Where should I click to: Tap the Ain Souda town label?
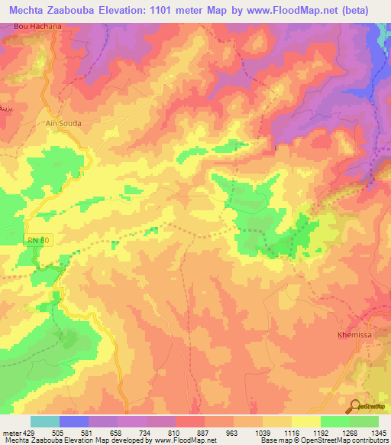tap(63, 122)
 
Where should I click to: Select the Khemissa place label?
tap(354, 335)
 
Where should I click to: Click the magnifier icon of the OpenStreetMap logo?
tap(356, 405)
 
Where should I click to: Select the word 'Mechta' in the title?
tap(29, 11)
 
